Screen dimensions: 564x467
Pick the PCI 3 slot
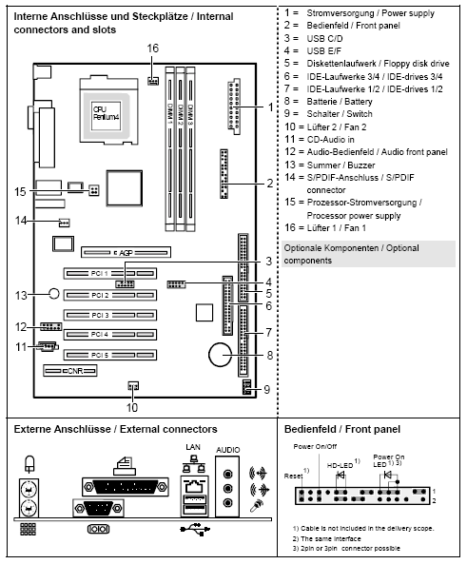tap(107, 315)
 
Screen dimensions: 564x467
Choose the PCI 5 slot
tap(107, 355)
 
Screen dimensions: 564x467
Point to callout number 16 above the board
tap(153, 49)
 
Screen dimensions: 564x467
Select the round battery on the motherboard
tap(221, 355)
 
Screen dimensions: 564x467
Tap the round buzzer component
tap(55, 295)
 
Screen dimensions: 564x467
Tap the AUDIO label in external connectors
tap(228, 446)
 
